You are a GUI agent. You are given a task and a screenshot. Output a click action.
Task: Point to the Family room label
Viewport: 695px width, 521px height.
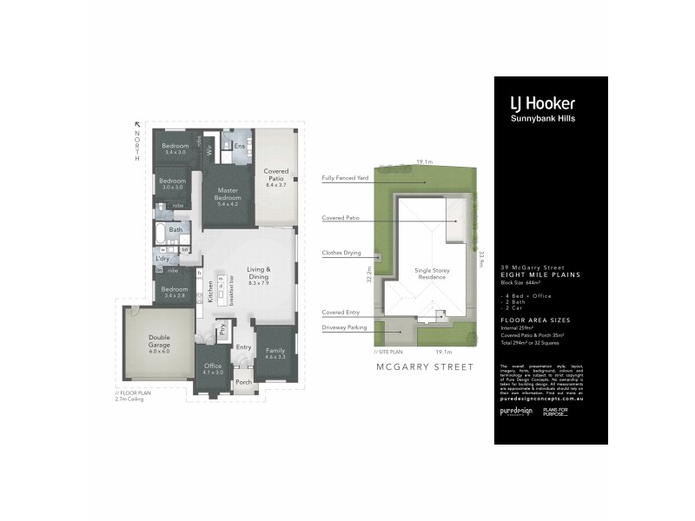275,353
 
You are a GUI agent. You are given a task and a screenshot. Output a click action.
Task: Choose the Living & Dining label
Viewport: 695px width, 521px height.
259,274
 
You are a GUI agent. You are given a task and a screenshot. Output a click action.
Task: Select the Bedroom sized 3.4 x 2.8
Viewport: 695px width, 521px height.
173,292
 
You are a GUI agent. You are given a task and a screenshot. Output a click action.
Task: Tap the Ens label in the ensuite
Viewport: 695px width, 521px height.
239,146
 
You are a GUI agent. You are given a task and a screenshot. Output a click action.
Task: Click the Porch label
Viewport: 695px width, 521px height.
244,382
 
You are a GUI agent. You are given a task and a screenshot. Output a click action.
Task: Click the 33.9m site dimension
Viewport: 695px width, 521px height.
480,260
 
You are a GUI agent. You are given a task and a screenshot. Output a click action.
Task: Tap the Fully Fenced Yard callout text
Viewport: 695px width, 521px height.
345,178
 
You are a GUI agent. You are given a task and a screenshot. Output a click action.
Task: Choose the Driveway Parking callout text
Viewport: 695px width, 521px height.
344,327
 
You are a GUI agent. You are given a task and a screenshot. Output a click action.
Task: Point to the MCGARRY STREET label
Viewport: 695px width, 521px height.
425,367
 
